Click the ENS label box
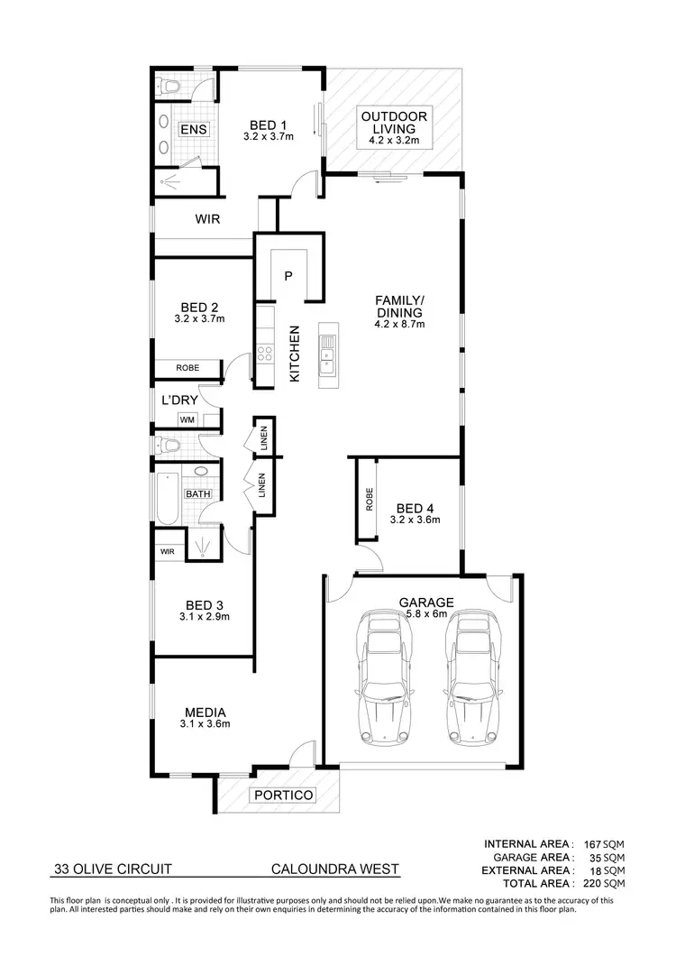[x=193, y=130]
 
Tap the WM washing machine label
[x=187, y=419]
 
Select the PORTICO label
[x=283, y=796]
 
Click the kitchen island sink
[x=326, y=354]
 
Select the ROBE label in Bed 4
[x=370, y=501]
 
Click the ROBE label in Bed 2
[x=187, y=368]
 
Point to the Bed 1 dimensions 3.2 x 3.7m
[x=269, y=136]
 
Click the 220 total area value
[x=590, y=883]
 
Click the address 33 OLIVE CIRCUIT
[x=113, y=870]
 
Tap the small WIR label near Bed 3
[x=168, y=551]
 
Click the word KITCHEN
[x=294, y=354]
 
